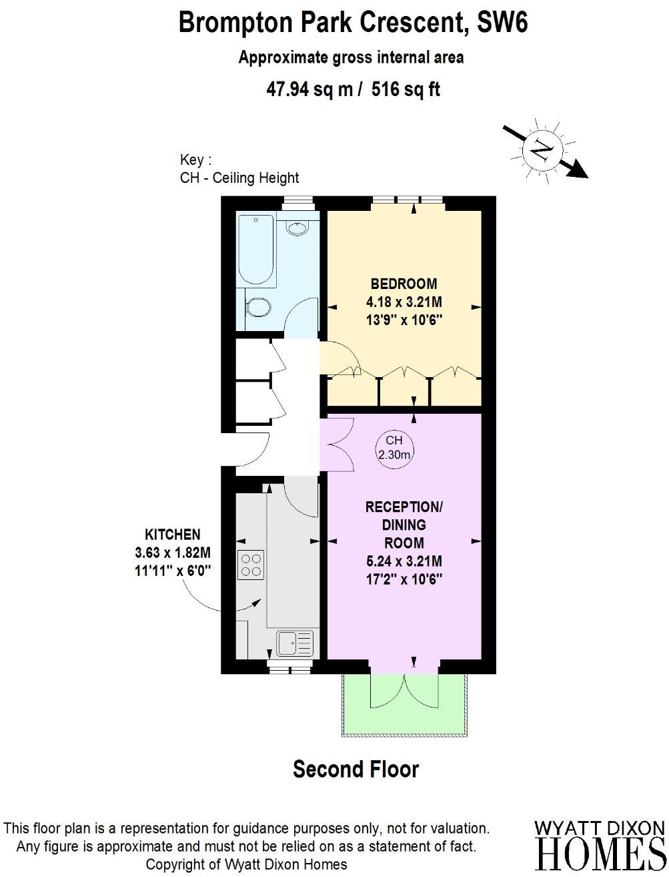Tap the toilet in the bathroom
[257, 308]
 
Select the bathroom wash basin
[297, 228]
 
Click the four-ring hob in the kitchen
[251, 565]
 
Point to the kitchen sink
[294, 644]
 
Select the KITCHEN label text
[173, 534]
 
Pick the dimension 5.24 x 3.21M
[404, 561]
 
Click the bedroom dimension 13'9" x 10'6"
[404, 320]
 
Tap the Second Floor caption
[356, 769]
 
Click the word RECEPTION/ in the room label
[404, 507]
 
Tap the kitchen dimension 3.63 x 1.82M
[173, 553]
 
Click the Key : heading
[195, 160]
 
